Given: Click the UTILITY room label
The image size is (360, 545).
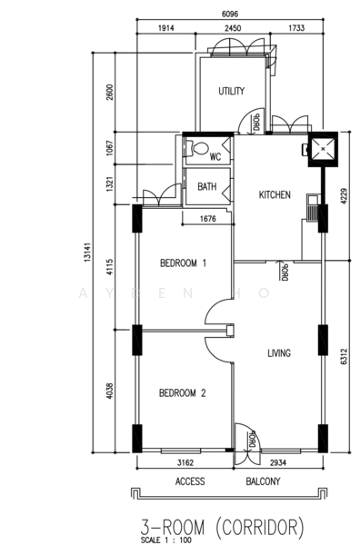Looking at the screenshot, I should pos(232,92).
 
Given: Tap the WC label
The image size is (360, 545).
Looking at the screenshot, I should pos(215,156).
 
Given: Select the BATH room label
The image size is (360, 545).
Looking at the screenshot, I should pos(207,187).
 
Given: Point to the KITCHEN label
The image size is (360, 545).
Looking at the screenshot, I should pos(275,195).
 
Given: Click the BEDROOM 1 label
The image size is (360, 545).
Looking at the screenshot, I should pos(183,263).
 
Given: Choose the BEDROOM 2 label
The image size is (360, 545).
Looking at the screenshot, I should pos(183,393).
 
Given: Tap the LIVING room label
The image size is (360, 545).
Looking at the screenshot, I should pos(279,353).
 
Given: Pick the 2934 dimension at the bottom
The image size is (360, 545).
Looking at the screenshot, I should pos(278,463).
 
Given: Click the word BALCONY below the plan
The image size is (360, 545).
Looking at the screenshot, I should pos(265,481).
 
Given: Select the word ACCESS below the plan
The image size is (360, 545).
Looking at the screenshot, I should pos(190,481).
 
